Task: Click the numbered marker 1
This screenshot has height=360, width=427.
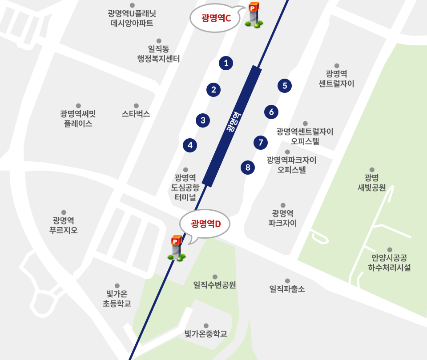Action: point(226,63)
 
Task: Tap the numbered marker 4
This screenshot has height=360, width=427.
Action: point(190,144)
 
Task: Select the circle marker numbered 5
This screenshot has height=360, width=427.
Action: point(285,86)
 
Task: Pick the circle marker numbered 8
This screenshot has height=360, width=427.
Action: point(248,168)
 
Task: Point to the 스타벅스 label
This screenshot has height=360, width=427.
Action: point(136,114)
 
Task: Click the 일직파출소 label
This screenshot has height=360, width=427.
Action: point(287,289)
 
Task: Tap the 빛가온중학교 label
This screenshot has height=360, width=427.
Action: point(206,333)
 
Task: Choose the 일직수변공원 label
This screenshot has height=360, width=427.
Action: point(215,284)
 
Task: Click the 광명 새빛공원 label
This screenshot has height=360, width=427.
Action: point(371,182)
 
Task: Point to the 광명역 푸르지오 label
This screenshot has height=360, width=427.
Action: point(64,225)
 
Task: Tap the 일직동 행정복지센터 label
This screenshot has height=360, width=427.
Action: point(159,54)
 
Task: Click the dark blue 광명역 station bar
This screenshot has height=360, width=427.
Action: point(232,125)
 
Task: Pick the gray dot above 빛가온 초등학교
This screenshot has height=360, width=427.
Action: point(117,286)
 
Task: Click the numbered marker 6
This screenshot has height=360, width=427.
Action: point(271,112)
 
